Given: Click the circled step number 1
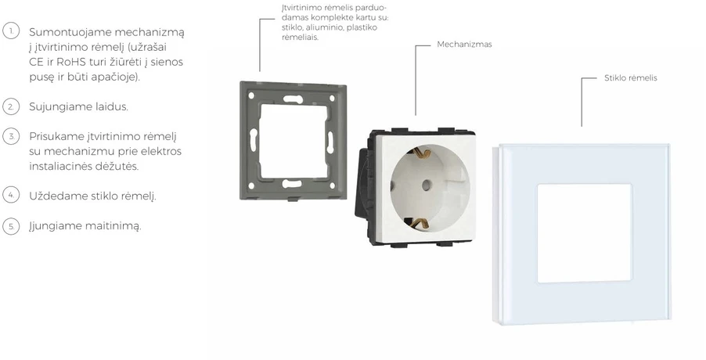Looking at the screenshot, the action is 11,31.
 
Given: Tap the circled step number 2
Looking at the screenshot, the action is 11,106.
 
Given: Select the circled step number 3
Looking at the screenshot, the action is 11,136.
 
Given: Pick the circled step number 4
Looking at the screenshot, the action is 11,195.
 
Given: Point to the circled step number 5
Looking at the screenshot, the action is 11,225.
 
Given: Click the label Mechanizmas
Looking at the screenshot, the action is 464,45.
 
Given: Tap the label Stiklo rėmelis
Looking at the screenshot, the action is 630,77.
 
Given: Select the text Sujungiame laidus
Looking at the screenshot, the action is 78,107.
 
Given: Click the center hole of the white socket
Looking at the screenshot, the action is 427,185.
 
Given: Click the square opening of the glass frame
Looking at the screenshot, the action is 584,232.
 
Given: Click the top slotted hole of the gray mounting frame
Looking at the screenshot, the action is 292,99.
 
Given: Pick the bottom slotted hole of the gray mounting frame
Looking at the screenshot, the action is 291,184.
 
